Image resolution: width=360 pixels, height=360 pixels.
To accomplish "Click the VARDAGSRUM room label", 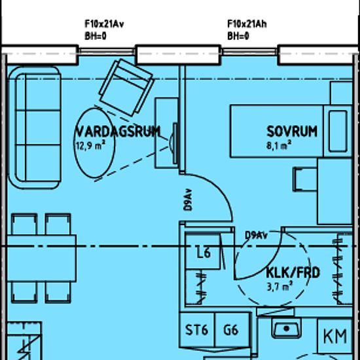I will pos(117,132).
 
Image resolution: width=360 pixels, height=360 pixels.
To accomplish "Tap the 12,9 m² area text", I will pos(91,145).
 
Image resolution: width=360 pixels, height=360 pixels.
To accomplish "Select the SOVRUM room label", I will pos(291,132).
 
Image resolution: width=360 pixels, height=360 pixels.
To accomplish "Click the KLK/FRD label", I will pos(293,272).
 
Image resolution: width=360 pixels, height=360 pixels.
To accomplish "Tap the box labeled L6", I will pos(204,253).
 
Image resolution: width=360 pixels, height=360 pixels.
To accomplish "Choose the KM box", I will pos(335,336).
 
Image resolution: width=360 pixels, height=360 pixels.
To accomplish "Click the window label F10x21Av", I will pos(105,25).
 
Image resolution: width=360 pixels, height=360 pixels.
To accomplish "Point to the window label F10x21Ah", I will pos(247,25).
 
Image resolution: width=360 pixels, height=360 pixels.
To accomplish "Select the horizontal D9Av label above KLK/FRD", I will pos(255,235).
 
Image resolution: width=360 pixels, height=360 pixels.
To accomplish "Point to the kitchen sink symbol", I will pos(285,328).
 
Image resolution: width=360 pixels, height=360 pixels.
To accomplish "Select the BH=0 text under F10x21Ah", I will pos(238,36).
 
